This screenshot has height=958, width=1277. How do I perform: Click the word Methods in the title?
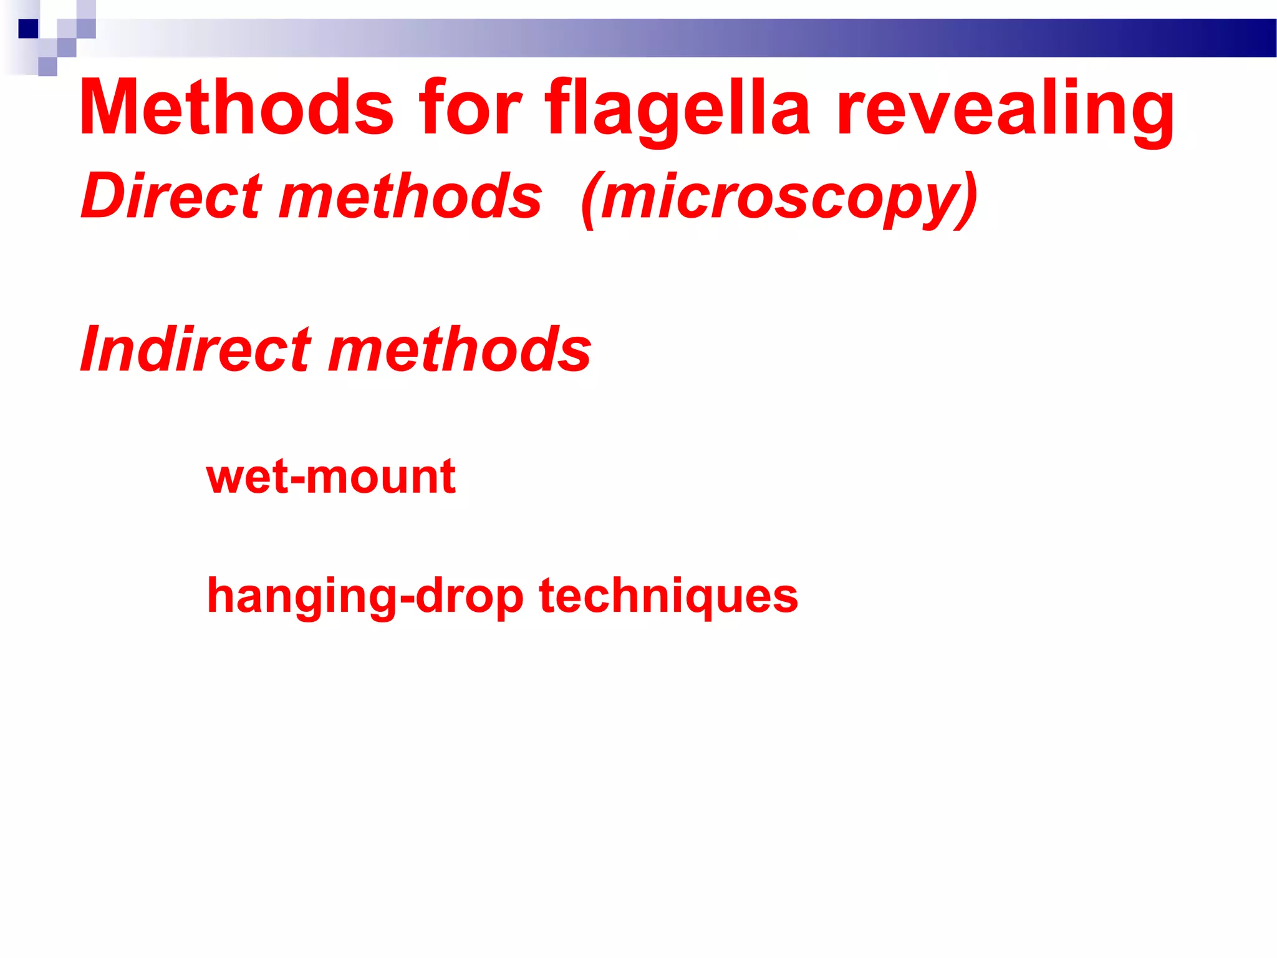click(x=236, y=107)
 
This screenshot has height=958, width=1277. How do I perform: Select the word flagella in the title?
click(x=678, y=107)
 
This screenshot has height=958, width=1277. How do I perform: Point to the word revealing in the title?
click(x=1005, y=107)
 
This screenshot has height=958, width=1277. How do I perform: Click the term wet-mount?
click(x=331, y=477)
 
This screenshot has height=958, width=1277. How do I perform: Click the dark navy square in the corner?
click(x=29, y=29)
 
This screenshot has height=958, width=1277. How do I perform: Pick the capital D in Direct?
click(x=106, y=196)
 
